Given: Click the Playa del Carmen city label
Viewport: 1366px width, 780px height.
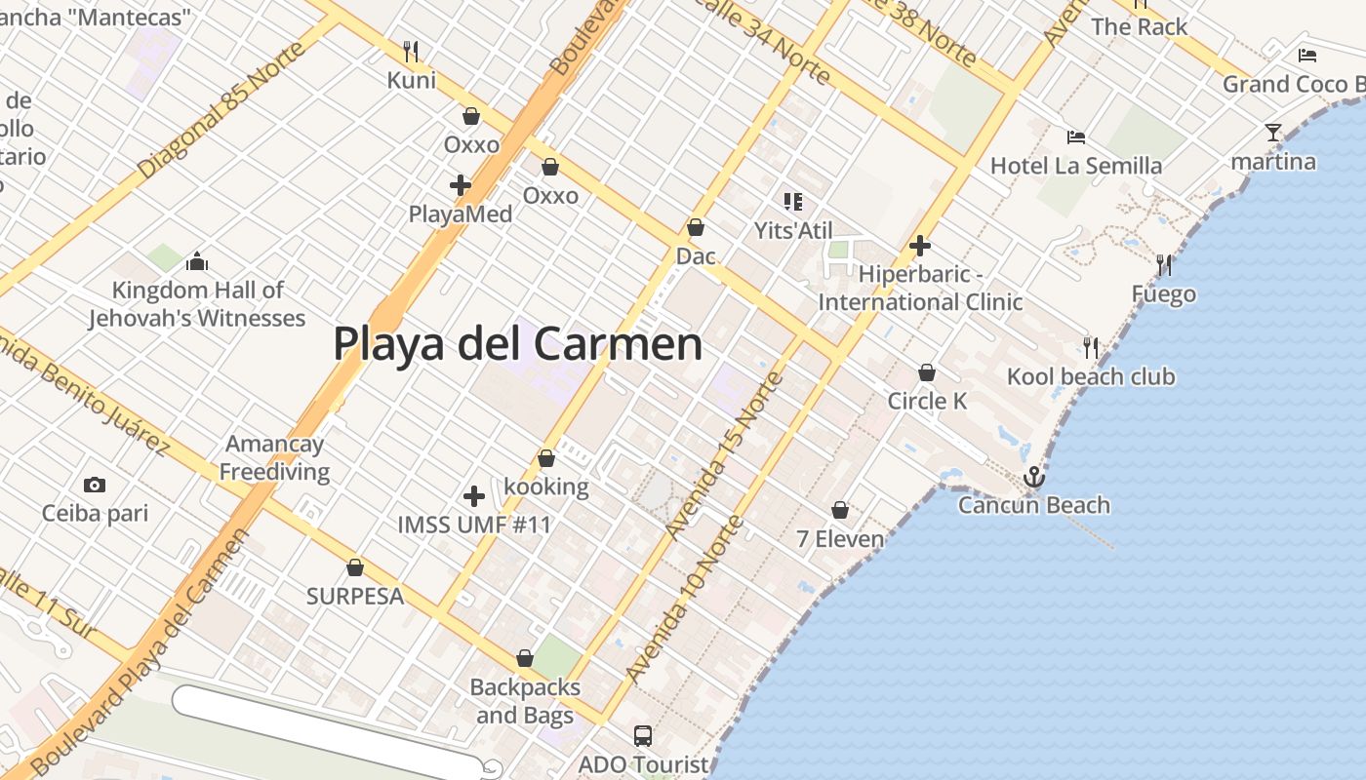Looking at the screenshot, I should [x=517, y=344].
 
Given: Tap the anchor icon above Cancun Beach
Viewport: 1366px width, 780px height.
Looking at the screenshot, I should [x=1033, y=477].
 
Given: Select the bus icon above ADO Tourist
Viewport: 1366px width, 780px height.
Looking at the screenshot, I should [x=642, y=735].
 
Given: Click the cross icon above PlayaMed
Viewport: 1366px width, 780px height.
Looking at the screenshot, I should [x=461, y=184].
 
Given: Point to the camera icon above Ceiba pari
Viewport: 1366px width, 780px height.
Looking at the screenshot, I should [x=95, y=485].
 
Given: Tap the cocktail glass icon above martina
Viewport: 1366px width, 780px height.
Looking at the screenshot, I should [x=1272, y=133].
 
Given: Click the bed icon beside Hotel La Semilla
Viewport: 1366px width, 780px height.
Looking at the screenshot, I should [x=1076, y=136].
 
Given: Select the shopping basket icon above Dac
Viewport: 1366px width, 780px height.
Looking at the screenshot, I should [x=696, y=227].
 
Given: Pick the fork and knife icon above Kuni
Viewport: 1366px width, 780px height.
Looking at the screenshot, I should [x=412, y=51].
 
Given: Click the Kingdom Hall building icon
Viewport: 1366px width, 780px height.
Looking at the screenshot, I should [x=197, y=261].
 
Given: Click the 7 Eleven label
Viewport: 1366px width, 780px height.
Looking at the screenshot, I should [x=840, y=538].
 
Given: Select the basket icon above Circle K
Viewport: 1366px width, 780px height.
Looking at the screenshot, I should [x=927, y=372].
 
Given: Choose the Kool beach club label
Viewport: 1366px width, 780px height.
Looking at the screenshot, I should [x=1091, y=377].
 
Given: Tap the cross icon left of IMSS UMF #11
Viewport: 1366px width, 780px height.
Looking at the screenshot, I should [x=474, y=496].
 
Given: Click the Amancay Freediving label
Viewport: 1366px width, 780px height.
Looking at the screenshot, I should [x=274, y=458].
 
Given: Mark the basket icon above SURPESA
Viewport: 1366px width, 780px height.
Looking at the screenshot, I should [x=355, y=567].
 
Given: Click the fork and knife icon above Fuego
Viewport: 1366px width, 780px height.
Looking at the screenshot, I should [x=1163, y=264].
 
